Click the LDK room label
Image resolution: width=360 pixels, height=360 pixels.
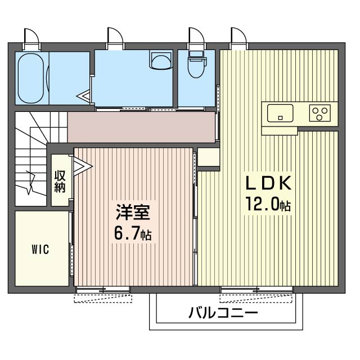point(268,184)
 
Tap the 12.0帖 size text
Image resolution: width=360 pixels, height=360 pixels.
point(267,204)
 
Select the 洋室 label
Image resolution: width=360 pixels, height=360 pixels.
point(133,212)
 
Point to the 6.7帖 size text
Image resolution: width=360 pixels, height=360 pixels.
point(133,232)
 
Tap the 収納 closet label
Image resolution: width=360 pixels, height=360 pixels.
point(60,181)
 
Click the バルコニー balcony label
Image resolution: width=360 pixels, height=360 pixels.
point(223,312)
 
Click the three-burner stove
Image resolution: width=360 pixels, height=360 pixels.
point(321,113)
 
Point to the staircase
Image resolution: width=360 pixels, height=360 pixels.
point(31,160)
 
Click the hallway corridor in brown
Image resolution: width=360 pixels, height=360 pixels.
point(141,127)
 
